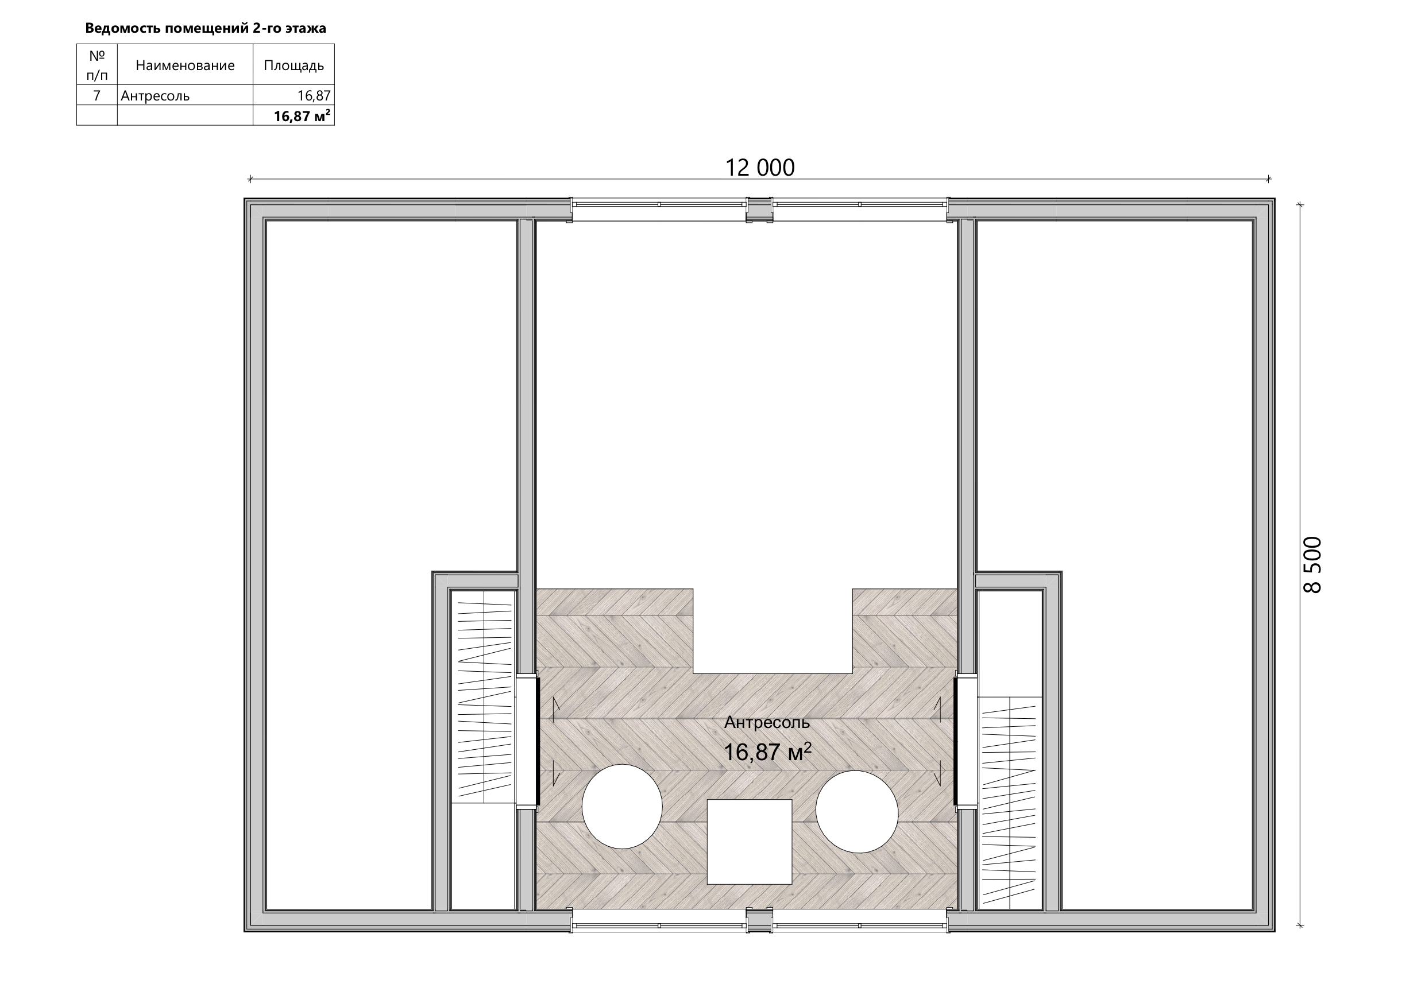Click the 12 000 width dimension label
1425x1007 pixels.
760,168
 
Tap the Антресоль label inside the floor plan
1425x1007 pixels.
767,722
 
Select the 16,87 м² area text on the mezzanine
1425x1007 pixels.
768,752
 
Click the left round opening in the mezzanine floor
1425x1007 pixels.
622,807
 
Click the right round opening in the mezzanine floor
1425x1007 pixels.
856,812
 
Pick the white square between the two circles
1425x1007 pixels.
750,842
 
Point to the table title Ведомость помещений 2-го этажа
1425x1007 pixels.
206,28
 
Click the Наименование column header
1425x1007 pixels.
185,65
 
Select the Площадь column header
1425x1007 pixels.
294,65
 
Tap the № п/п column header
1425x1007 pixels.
97,65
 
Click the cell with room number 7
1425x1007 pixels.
97,95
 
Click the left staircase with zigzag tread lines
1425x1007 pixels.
484,698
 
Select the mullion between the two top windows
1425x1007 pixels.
759,210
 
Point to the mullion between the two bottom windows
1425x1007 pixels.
759,920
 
